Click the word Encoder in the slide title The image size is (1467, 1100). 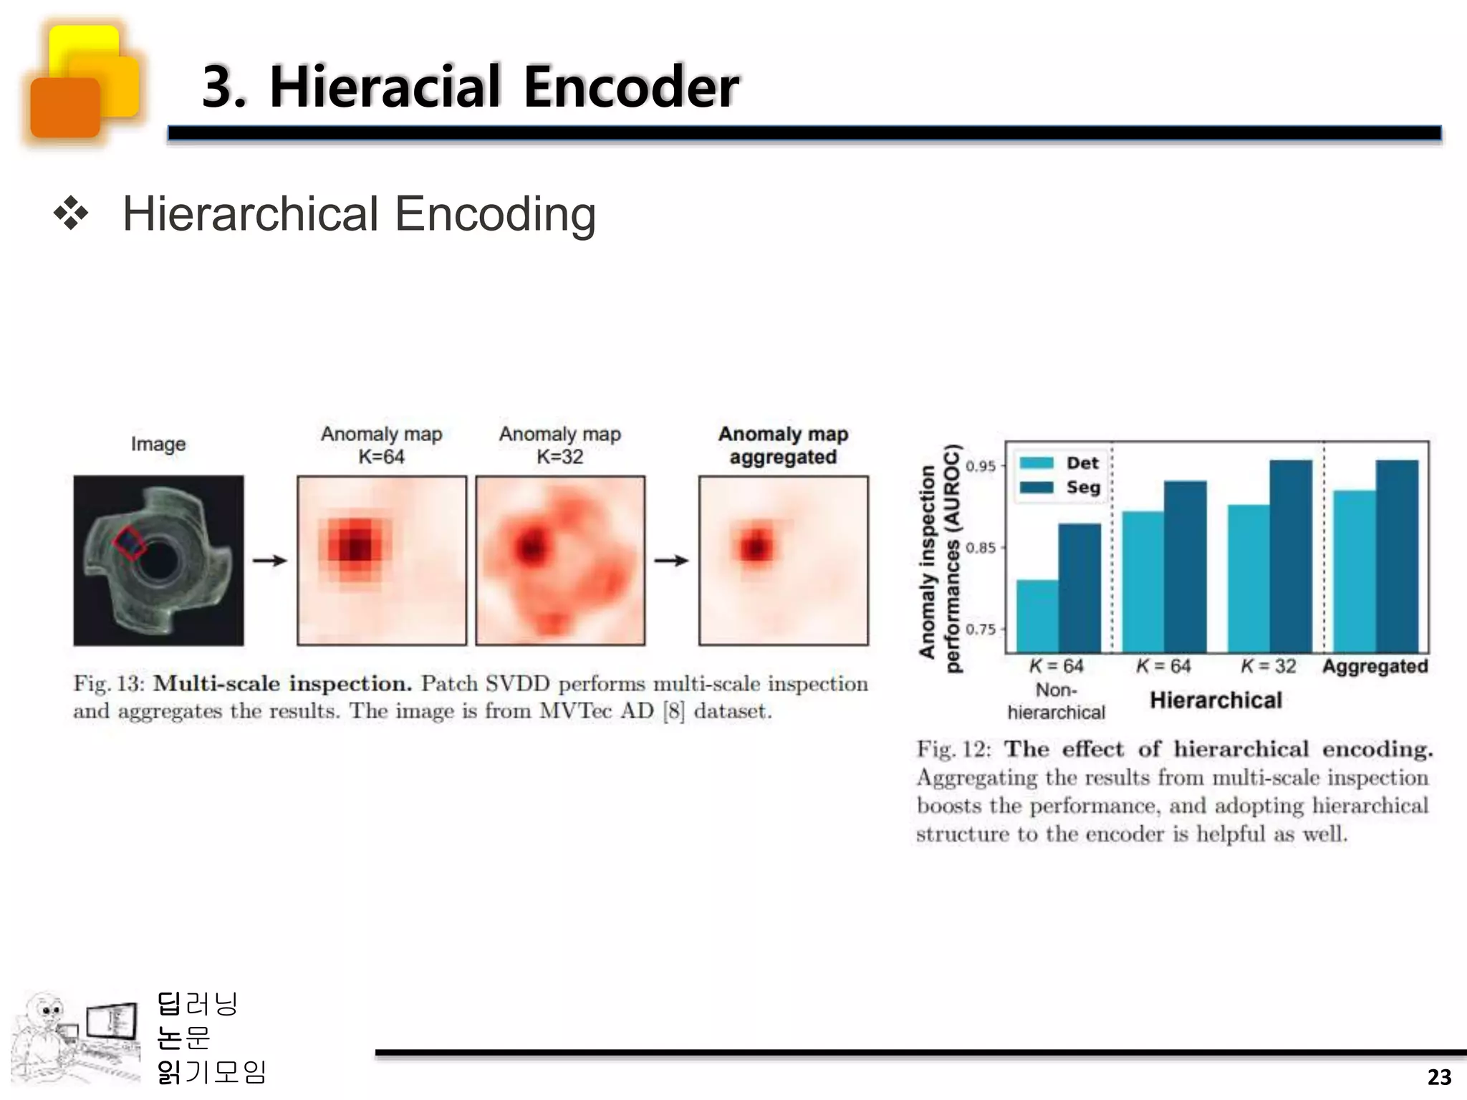tap(630, 87)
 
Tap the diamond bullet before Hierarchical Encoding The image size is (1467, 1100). tap(71, 214)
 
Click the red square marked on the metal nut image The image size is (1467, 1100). tap(129, 542)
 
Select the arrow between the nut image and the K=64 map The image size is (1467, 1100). tap(270, 561)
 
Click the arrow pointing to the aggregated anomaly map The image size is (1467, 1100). tap(671, 561)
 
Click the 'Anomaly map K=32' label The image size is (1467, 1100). tap(559, 445)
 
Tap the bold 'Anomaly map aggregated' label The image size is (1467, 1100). tap(783, 445)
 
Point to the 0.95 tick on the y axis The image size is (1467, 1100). tap(981, 466)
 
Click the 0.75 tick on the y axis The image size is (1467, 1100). tap(981, 629)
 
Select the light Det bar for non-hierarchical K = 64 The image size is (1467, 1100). tap(1037, 616)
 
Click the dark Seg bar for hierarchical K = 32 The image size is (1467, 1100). tap(1291, 555)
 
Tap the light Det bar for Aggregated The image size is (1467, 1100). tap(1354, 571)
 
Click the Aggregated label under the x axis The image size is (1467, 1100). tap(1375, 666)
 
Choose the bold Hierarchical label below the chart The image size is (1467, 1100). tap(1216, 700)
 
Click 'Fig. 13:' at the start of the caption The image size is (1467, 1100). tap(109, 683)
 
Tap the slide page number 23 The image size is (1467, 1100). tap(1439, 1077)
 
